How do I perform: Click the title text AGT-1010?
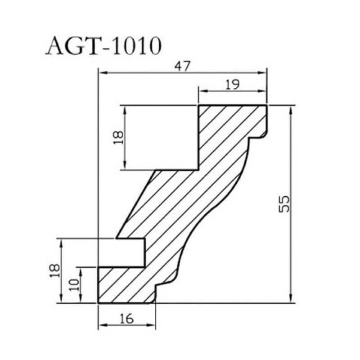[x=104, y=46]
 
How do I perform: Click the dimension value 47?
[x=182, y=66]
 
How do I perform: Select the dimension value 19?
[x=232, y=84]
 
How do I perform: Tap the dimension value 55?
[x=284, y=204]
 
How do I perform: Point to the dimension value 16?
[x=126, y=319]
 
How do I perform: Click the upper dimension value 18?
[x=118, y=138]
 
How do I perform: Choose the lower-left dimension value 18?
[x=55, y=271]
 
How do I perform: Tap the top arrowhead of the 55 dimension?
[x=291, y=110]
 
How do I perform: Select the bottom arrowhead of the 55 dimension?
[x=291, y=298]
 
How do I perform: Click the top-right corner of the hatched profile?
[x=267, y=105]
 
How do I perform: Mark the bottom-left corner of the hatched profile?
[x=98, y=303]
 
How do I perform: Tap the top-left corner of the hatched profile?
[x=198, y=105]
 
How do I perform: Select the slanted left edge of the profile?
[x=136, y=204]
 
